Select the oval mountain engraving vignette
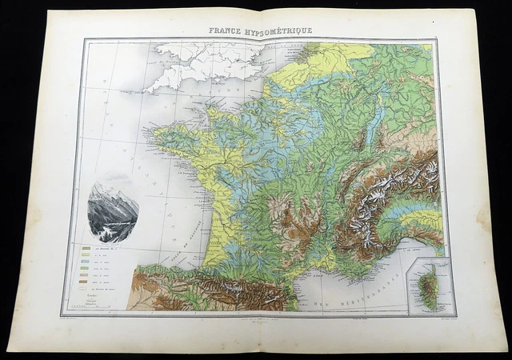[113, 210]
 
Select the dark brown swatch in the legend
[86, 282]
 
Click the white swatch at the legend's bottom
[86, 289]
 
